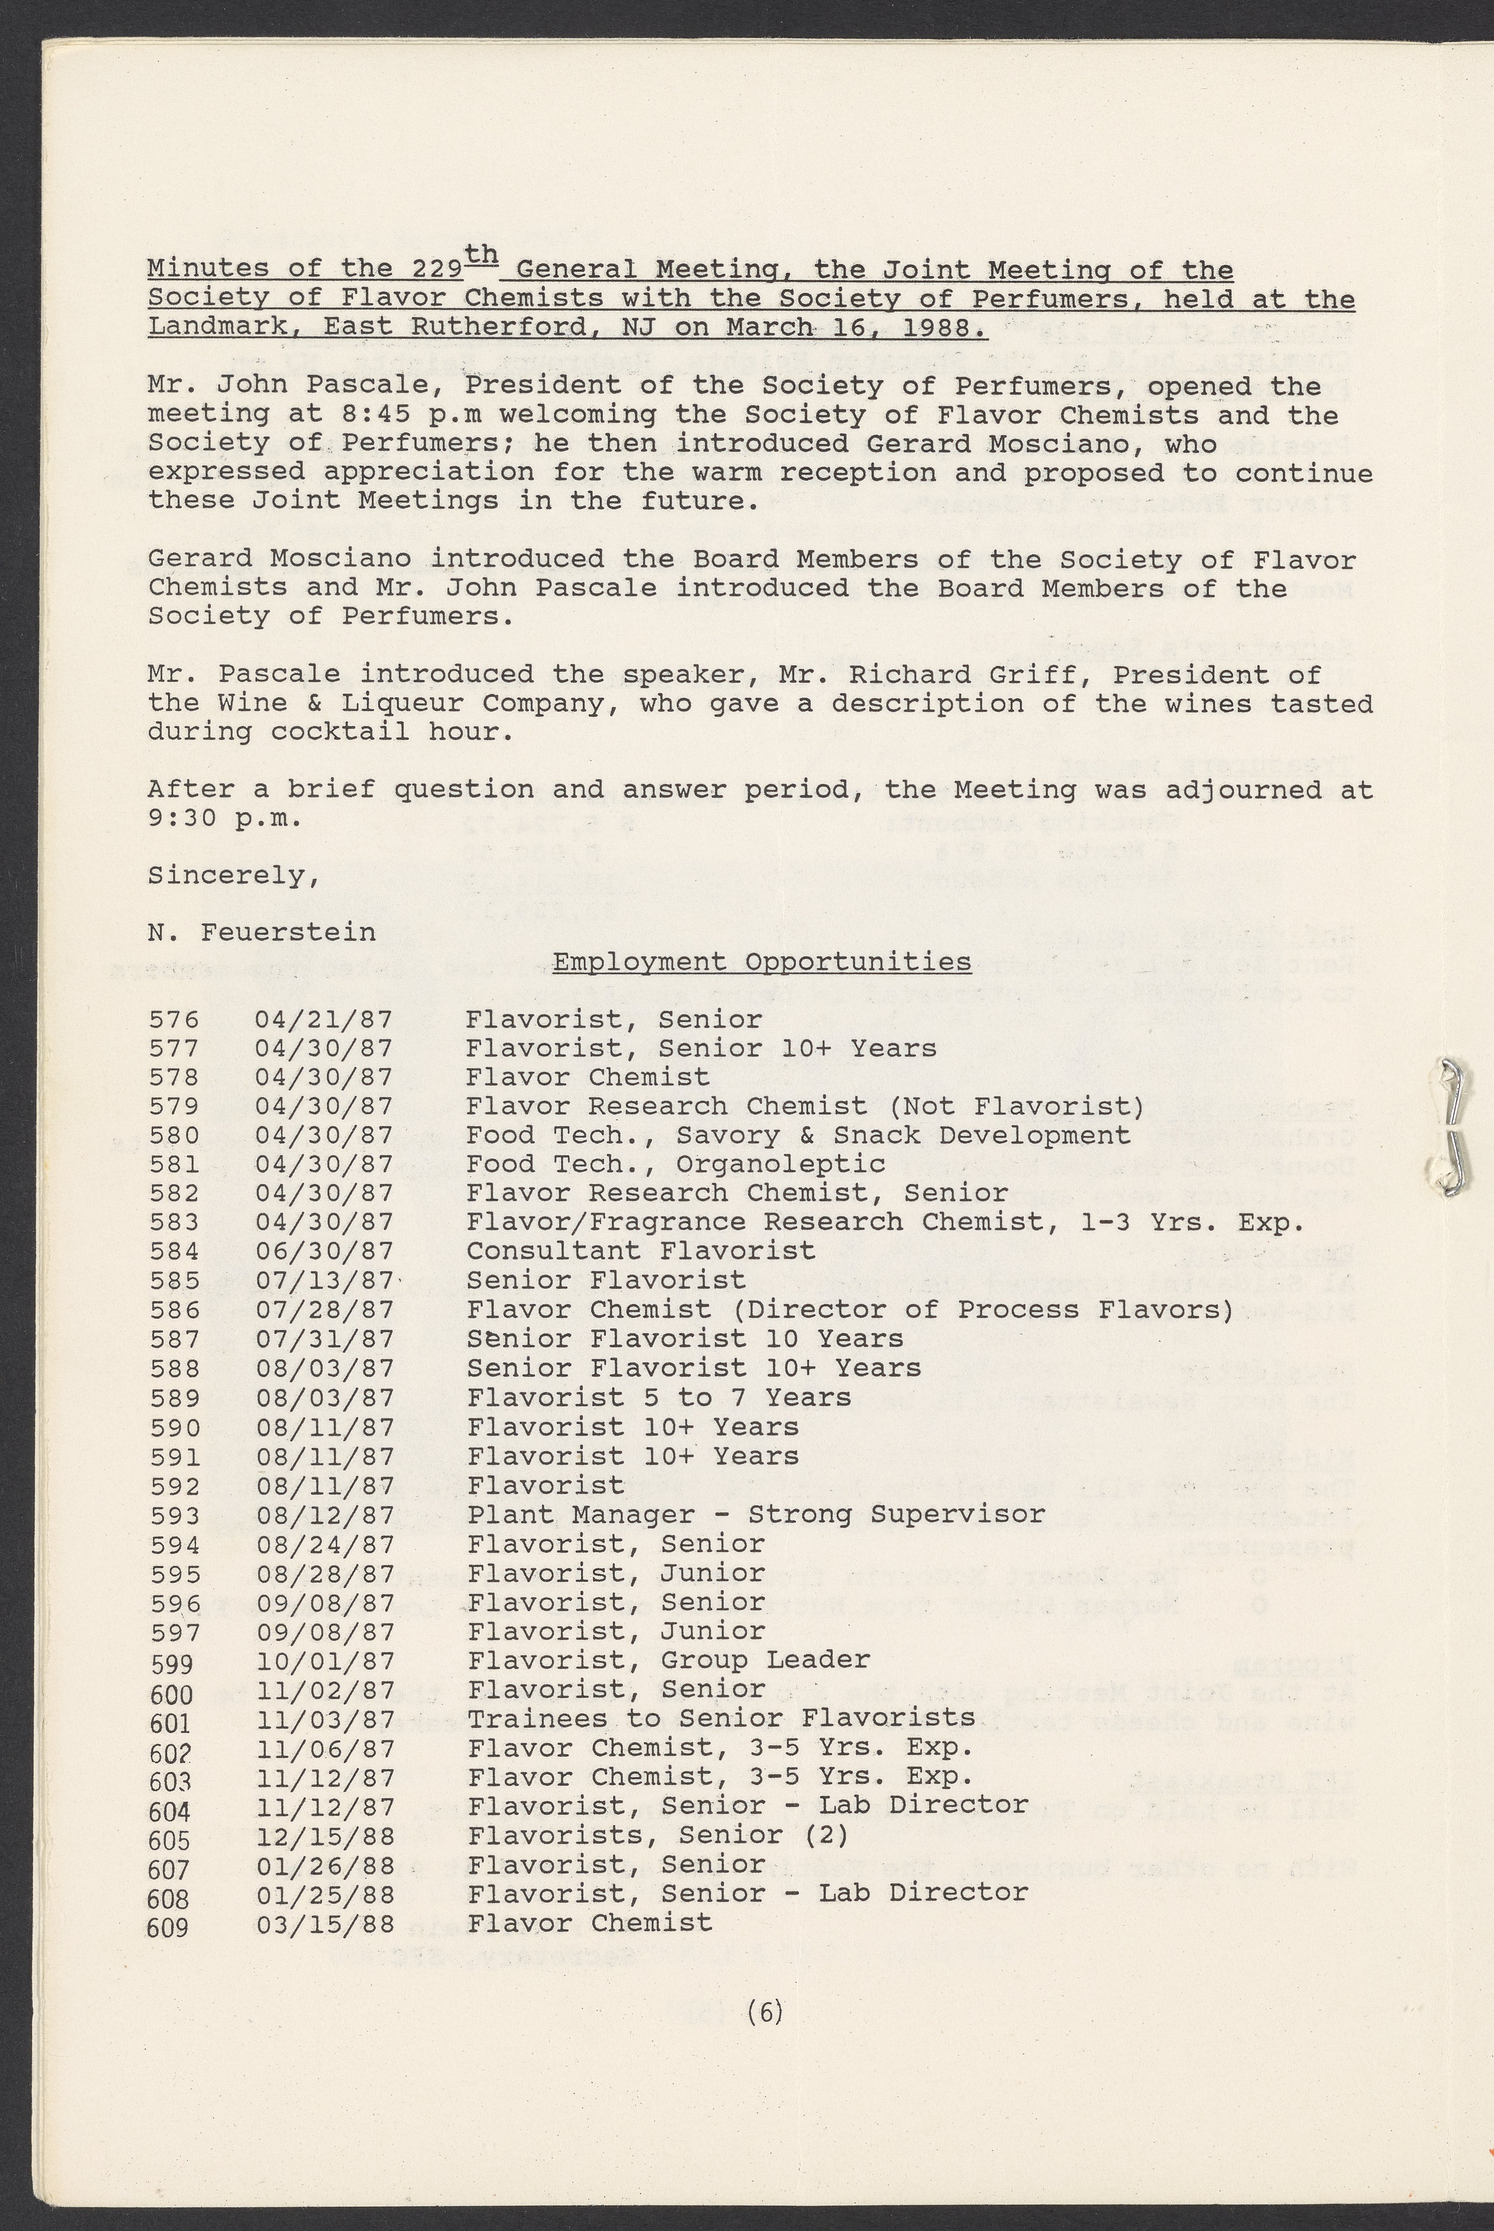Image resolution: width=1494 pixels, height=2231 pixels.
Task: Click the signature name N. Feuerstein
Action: click(x=261, y=932)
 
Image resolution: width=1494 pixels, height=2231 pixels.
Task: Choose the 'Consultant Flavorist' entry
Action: click(x=640, y=1251)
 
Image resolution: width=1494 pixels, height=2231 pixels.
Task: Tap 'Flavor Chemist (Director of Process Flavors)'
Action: click(x=850, y=1311)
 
